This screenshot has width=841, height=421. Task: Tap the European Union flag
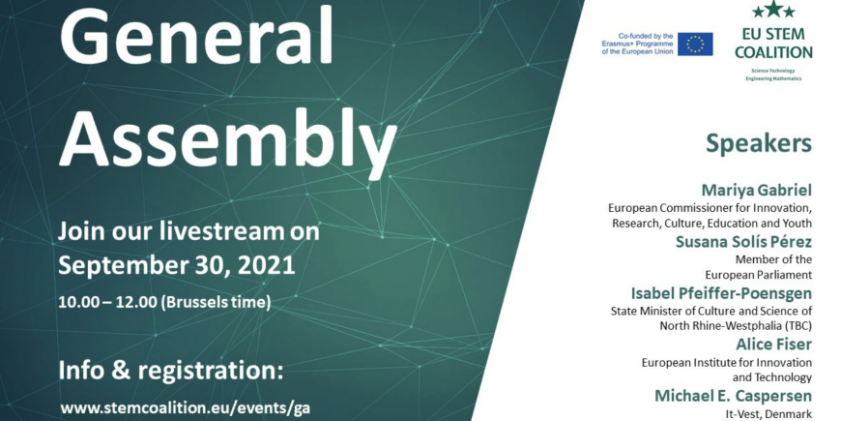[x=695, y=44]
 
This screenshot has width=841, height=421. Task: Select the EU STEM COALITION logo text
[x=773, y=44]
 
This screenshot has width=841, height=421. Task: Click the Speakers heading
[x=759, y=144]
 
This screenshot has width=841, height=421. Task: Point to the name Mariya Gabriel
[x=757, y=190]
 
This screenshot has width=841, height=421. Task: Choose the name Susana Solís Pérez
[x=743, y=242]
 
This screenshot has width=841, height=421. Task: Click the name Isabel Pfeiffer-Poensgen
[x=721, y=293]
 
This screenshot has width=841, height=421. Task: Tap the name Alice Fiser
[x=773, y=345]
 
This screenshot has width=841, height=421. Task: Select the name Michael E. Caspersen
[x=733, y=396]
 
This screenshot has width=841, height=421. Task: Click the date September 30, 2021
[x=177, y=265]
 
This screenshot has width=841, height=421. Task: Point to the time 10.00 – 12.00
[x=107, y=302]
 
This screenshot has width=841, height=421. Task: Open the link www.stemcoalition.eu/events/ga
[x=185, y=407]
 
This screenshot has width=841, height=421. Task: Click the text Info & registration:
[x=170, y=371]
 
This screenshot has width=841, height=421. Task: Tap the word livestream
[x=222, y=232]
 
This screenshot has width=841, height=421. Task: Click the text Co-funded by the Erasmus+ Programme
[x=637, y=40]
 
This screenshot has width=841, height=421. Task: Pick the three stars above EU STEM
[x=773, y=10]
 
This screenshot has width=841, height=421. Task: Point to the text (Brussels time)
[x=216, y=302]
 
